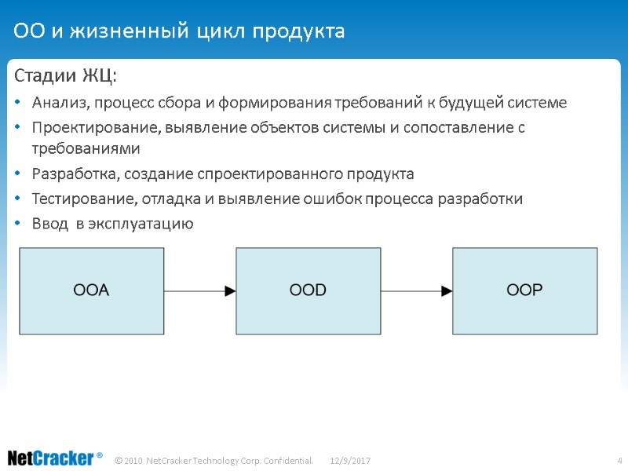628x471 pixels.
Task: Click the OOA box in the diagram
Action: point(92,290)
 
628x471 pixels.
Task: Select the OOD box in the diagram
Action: point(308,290)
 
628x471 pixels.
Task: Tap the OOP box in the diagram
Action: point(524,290)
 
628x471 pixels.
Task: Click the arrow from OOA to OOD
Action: point(200,291)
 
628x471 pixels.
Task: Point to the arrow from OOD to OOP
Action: point(416,291)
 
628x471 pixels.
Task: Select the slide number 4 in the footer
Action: point(619,459)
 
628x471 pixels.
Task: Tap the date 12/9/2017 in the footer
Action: point(350,459)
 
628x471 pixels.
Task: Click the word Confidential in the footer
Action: point(289,459)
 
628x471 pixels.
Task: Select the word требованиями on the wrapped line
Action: point(86,148)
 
